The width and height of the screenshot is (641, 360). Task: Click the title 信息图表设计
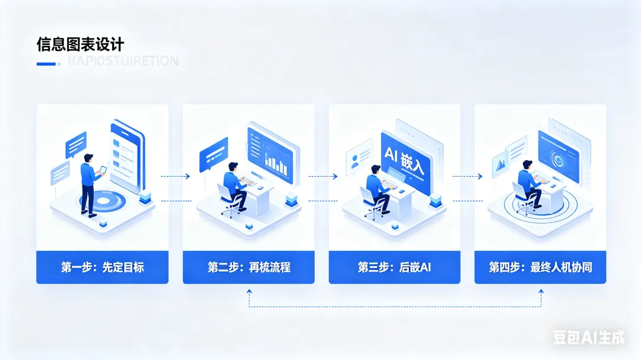coord(81,45)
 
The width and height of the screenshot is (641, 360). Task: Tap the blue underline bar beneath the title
coord(46,63)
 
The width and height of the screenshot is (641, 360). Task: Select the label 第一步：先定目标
coord(102,267)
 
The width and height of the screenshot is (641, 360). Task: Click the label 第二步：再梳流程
coord(249,267)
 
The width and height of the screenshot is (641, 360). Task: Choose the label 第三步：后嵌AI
coord(394,267)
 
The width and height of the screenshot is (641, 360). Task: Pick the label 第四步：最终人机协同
coord(540,267)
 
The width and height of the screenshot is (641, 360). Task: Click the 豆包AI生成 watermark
coord(589,337)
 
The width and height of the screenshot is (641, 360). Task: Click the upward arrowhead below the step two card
coord(249,292)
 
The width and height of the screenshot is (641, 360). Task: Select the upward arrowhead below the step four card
coord(541,292)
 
